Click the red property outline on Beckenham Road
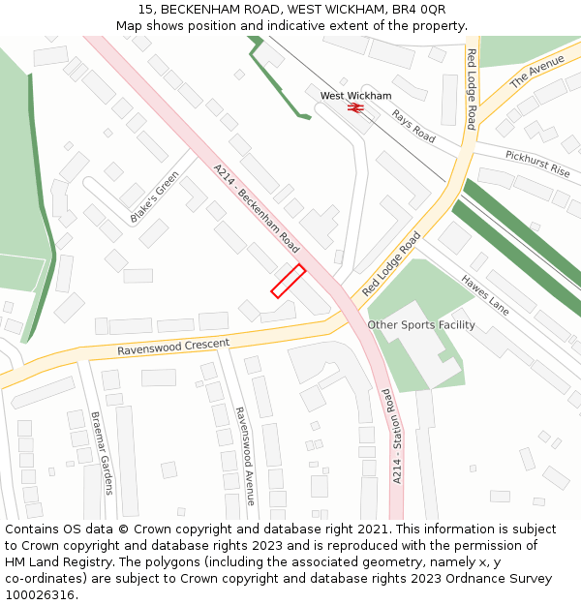pyautogui.click(x=288, y=281)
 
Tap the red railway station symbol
pyautogui.click(x=355, y=108)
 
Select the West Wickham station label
pyautogui.click(x=355, y=96)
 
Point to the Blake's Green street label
pyautogui.click(x=154, y=197)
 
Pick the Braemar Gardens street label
pyautogui.click(x=102, y=453)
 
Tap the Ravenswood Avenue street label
pyautogui.click(x=244, y=455)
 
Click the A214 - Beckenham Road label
pyautogui.click(x=257, y=203)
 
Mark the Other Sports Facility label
pyautogui.click(x=421, y=325)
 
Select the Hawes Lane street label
pyautogui.click(x=484, y=294)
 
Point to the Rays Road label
pyautogui.click(x=413, y=126)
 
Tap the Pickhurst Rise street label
pyautogui.click(x=537, y=163)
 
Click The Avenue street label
pyautogui.click(x=536, y=72)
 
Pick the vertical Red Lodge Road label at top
pyautogui.click(x=472, y=89)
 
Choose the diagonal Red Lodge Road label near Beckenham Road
pyautogui.click(x=392, y=263)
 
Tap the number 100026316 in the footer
pyautogui.click(x=39, y=595)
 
